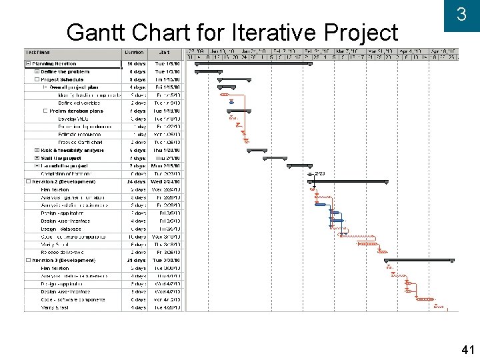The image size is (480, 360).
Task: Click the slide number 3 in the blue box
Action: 461,15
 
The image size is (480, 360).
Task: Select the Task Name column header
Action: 38,52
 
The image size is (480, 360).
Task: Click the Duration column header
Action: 134,52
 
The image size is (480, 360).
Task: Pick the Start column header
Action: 164,52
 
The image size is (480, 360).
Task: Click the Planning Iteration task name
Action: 55,64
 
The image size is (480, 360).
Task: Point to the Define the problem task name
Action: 65,71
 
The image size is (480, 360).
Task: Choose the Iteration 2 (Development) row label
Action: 65,181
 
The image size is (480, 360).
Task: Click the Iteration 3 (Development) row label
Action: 65,261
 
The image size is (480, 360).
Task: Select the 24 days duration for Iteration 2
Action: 136,181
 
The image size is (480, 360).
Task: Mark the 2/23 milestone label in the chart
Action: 320,174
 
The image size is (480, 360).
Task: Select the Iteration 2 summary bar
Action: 347,181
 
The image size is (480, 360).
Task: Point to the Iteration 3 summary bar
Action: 414,260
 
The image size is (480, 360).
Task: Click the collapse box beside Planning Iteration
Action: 28,64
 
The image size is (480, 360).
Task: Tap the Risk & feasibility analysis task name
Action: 72,150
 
